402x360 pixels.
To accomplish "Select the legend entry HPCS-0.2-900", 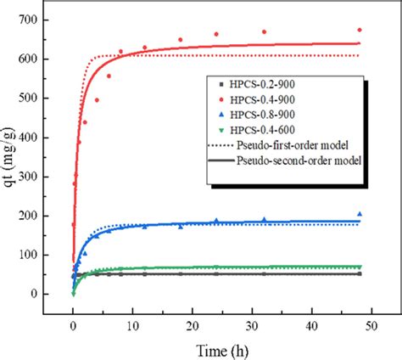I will point(255,84).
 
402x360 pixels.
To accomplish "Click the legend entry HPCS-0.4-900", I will point(255,99).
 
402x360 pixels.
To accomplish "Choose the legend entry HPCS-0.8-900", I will point(255,115).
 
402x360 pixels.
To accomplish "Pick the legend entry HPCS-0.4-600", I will point(255,130).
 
